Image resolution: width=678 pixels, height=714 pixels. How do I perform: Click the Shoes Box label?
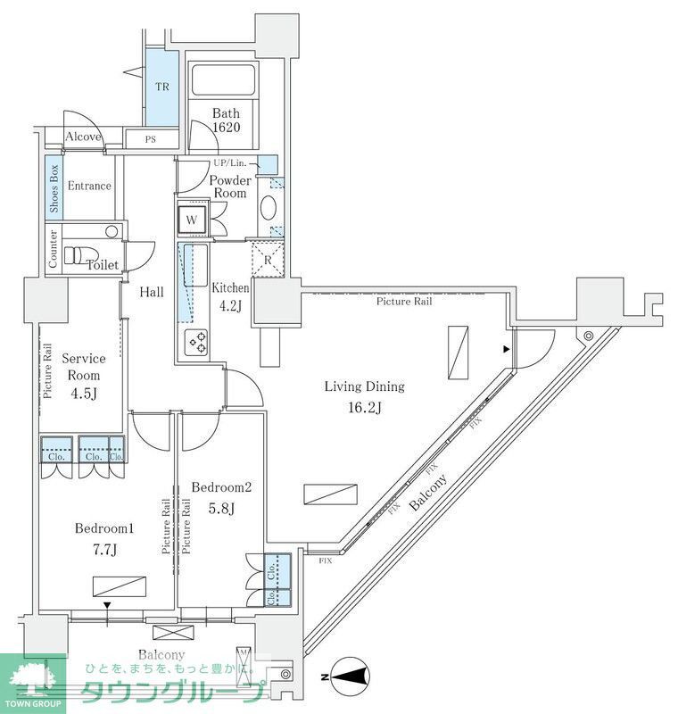pyautogui.click(x=54, y=188)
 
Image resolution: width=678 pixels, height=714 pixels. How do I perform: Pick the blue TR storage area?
pyautogui.click(x=162, y=87)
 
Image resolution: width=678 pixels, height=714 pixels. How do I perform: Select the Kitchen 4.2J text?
pyautogui.click(x=230, y=295)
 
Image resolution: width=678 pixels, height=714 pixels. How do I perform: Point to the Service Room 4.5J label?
pyautogui.click(x=84, y=375)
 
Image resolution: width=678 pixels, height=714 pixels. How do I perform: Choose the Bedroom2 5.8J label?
pyautogui.click(x=222, y=498)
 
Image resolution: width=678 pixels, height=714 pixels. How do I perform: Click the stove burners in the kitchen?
pyautogui.click(x=195, y=340)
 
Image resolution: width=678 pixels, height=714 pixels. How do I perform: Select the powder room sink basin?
pyautogui.click(x=268, y=208)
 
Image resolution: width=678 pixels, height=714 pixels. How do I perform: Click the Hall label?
pyautogui.click(x=151, y=292)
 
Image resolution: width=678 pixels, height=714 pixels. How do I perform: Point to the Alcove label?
pyautogui.click(x=84, y=137)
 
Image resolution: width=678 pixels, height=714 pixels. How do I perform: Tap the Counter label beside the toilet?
pyautogui.click(x=54, y=248)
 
